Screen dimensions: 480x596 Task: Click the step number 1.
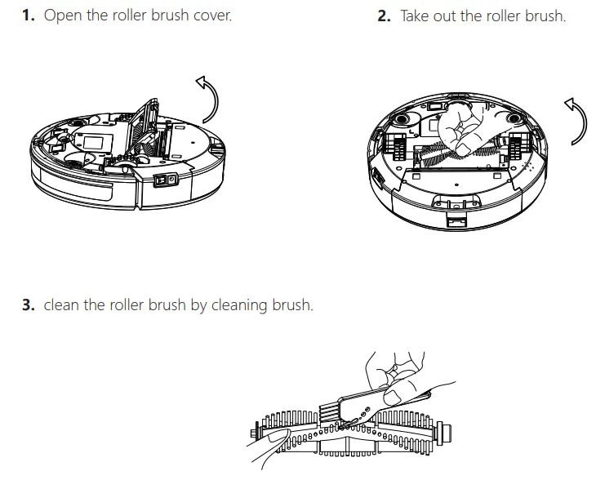28,16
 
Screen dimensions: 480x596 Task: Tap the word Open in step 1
62,16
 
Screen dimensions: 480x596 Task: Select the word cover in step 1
211,16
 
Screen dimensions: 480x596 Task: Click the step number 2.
385,16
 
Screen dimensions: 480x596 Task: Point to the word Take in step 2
417,16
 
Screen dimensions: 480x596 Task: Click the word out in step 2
450,16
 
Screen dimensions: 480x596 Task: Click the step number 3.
28,304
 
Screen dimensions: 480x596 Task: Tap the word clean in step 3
62,304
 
